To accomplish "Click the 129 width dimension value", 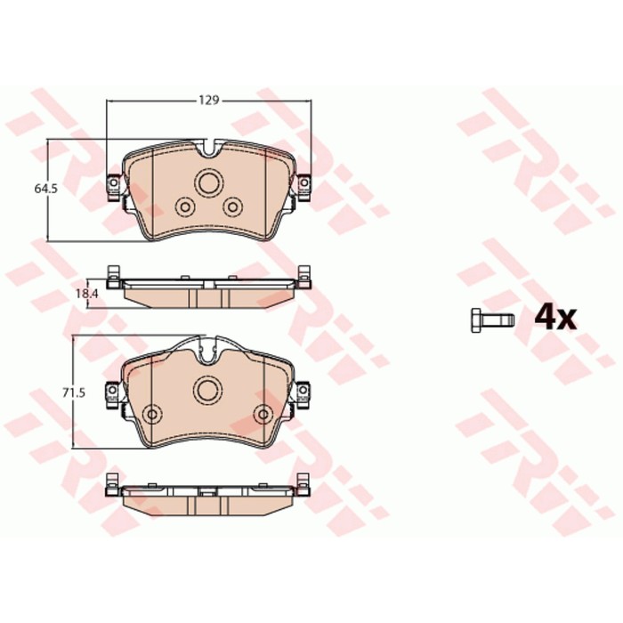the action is [x=209, y=100].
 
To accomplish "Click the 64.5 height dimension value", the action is [x=45, y=189].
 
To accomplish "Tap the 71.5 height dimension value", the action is [x=74, y=393].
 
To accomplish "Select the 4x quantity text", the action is [x=555, y=318].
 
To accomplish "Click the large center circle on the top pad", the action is [x=209, y=182].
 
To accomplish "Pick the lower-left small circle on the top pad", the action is [x=185, y=206].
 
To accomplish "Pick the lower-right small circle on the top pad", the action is [x=233, y=206].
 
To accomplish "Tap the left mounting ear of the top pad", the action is [x=115, y=187].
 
